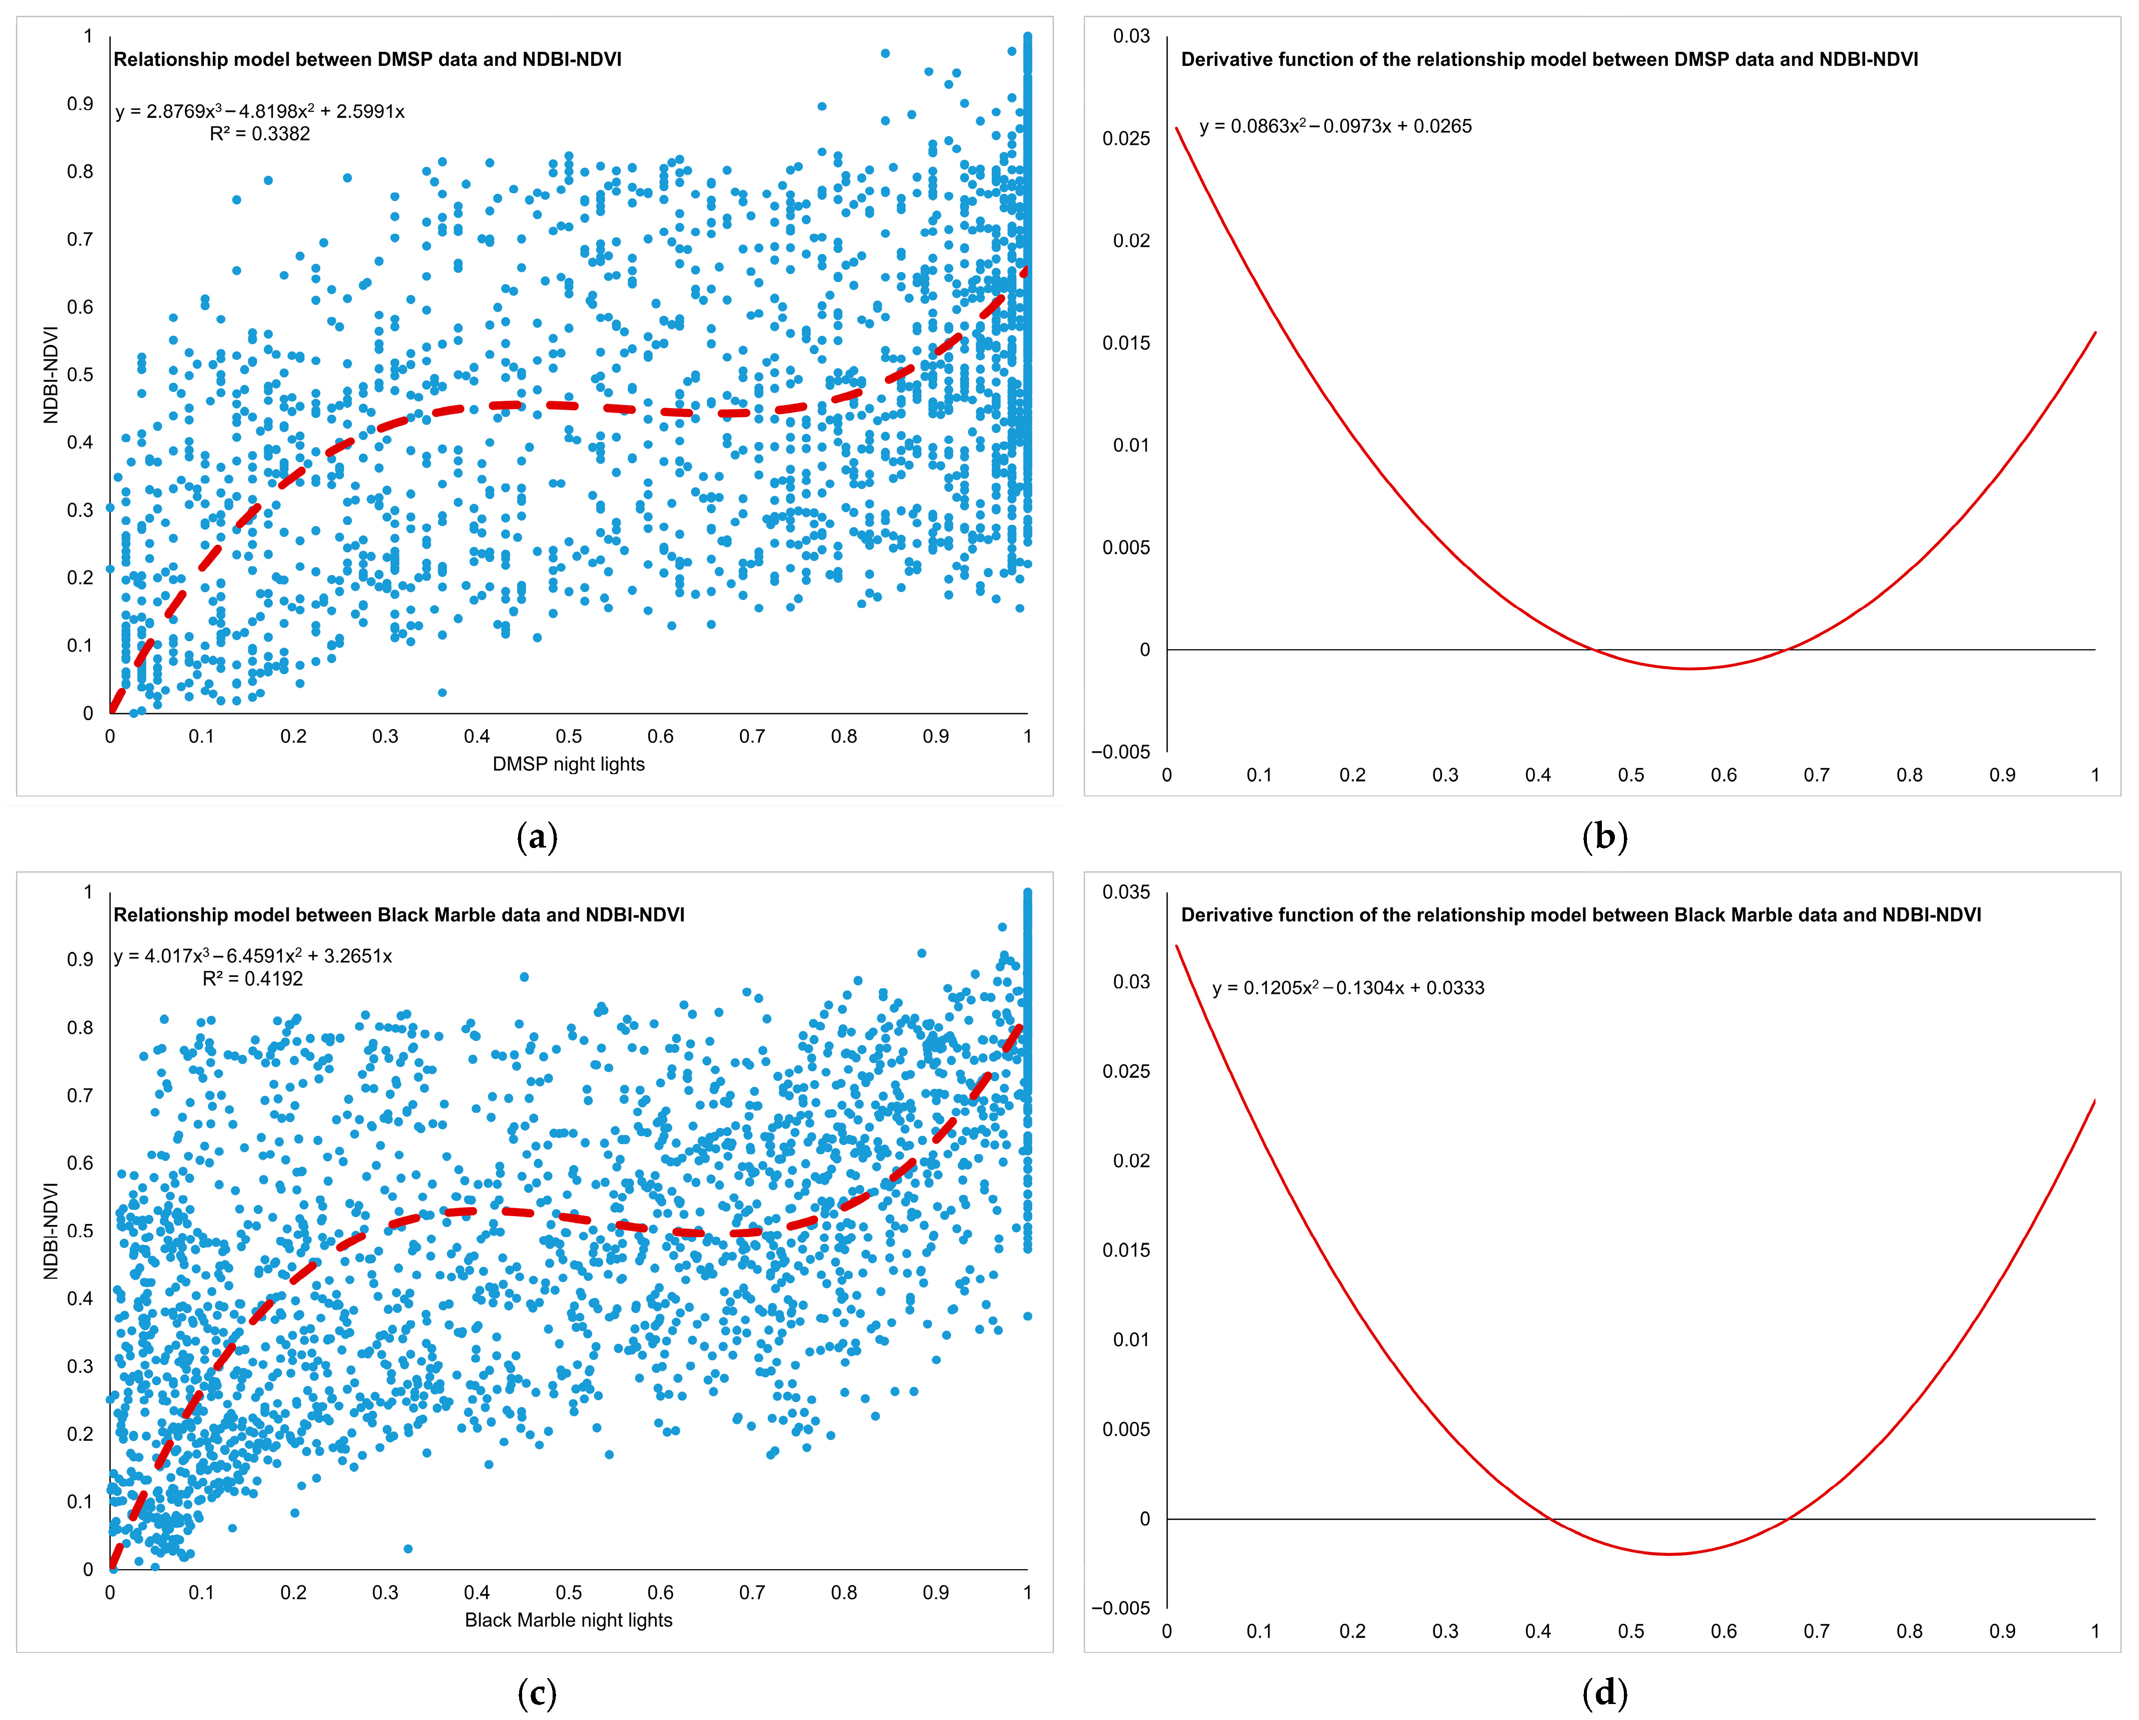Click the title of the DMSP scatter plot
[x=367, y=59]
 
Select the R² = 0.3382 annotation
[x=260, y=134]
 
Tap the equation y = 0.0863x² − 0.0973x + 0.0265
[x=1336, y=126]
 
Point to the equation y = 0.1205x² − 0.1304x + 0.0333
[x=1348, y=988]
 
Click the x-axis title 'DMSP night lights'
[x=569, y=764]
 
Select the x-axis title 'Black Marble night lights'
[x=569, y=1620]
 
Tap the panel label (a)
[x=537, y=837]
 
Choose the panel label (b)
[x=1604, y=837]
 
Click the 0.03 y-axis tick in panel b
[x=1131, y=36]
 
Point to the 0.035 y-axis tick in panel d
[x=1126, y=892]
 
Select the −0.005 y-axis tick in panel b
[x=1121, y=752]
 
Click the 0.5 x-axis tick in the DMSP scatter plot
[x=569, y=736]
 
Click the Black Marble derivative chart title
[x=1580, y=914]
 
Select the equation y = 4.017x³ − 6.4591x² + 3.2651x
[x=253, y=956]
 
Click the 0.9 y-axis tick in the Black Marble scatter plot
[x=80, y=959]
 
